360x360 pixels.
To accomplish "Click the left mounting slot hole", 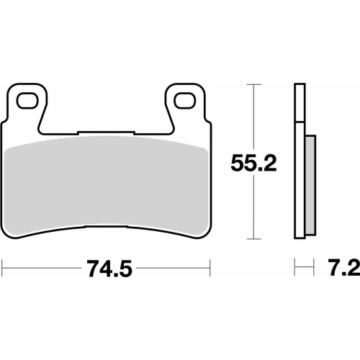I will [28, 99].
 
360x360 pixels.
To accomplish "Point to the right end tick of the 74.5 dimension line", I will [211, 269].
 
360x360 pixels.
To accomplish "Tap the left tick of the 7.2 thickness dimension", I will [294, 269].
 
